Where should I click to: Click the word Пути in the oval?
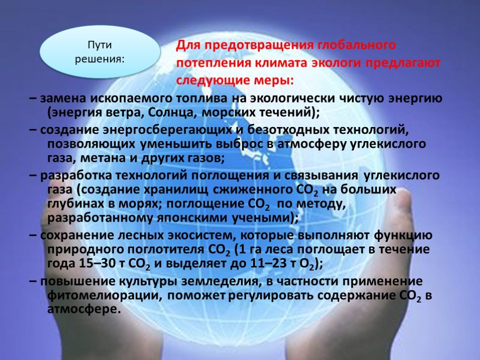click(100, 45)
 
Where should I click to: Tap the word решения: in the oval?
click(100, 59)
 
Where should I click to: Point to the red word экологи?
click(336, 63)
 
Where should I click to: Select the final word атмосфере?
click(82, 309)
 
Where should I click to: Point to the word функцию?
click(403, 235)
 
